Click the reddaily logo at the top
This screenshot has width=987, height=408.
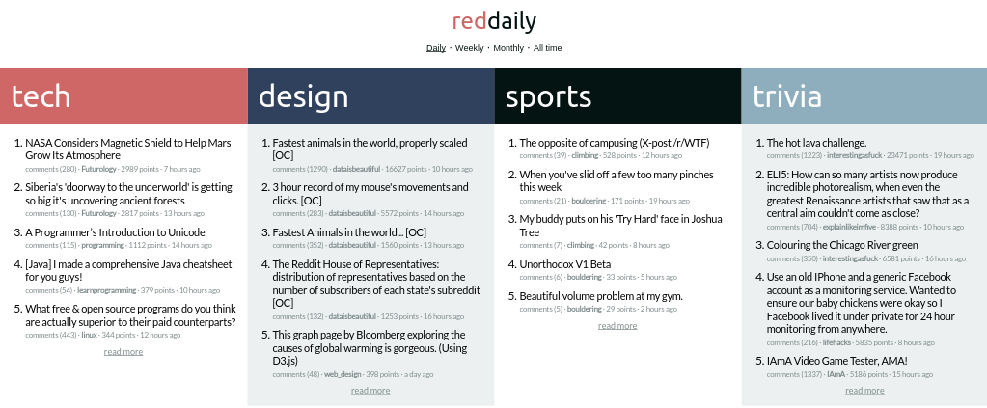pyautogui.click(x=494, y=21)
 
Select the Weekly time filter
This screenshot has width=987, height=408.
pyautogui.click(x=470, y=48)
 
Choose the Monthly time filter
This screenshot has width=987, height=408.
pyautogui.click(x=508, y=48)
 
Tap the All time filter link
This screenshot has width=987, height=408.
pyautogui.click(x=548, y=48)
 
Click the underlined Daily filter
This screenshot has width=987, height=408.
pyautogui.click(x=435, y=48)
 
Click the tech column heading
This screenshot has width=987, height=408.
pyautogui.click(x=41, y=96)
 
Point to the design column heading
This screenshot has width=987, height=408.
pyautogui.click(x=303, y=96)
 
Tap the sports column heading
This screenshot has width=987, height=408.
pyautogui.click(x=548, y=97)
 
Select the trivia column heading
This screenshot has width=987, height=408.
pyautogui.click(x=787, y=96)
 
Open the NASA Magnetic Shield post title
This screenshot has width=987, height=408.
pyautogui.click(x=128, y=150)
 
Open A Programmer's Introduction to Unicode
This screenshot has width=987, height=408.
pyautogui.click(x=115, y=232)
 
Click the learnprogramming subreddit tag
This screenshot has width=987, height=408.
pyautogui.click(x=106, y=290)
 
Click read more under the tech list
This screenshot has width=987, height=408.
pyautogui.click(x=123, y=352)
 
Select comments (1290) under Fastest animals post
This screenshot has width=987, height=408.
pyautogui.click(x=300, y=169)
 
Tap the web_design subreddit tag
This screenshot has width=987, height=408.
pyautogui.click(x=343, y=374)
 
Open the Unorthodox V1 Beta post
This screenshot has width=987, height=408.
pyautogui.click(x=564, y=264)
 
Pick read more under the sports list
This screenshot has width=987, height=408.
pyautogui.click(x=617, y=325)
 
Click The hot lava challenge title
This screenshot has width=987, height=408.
pyautogui.click(x=816, y=143)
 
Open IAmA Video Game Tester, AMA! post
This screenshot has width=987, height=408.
pyautogui.click(x=837, y=361)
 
